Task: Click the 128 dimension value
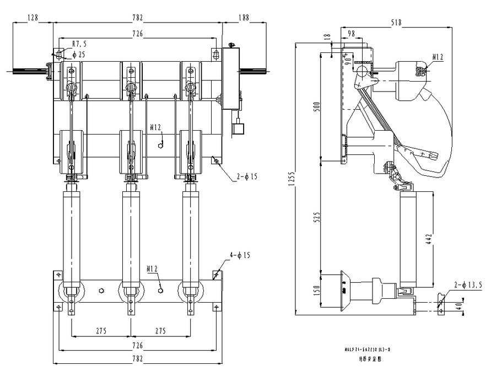click(x=33, y=18)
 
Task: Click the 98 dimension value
click(x=351, y=34)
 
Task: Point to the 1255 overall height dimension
click(x=291, y=180)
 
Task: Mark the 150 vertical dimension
click(x=315, y=290)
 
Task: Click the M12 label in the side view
click(x=438, y=57)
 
